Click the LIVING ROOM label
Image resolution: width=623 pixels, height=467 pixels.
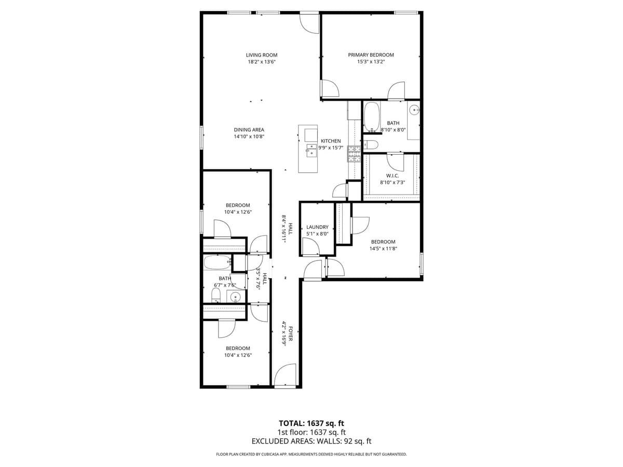click(261, 55)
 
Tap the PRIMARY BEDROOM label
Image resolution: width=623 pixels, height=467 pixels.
click(371, 55)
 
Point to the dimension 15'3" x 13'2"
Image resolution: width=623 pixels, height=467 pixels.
click(371, 62)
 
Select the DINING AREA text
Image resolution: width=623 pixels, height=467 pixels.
click(249, 130)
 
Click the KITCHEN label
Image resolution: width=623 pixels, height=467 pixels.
click(331, 141)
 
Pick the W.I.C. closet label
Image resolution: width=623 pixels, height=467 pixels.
click(392, 175)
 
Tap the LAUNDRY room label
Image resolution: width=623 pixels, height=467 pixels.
click(317, 227)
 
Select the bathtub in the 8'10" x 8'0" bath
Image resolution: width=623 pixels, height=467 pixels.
click(371, 117)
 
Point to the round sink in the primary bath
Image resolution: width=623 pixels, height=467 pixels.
click(414, 110)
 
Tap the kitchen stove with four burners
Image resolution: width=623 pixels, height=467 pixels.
click(354, 154)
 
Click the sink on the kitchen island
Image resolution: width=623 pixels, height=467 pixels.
click(311, 150)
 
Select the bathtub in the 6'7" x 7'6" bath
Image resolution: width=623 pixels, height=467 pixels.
click(217, 263)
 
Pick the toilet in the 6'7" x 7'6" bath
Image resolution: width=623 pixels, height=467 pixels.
click(216, 296)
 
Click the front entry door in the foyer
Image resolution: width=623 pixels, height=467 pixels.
click(285, 376)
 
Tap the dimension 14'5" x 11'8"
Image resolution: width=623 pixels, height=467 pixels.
click(383, 249)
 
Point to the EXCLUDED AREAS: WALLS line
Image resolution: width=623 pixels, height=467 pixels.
click(311, 442)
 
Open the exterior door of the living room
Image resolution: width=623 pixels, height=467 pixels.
click(309, 23)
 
